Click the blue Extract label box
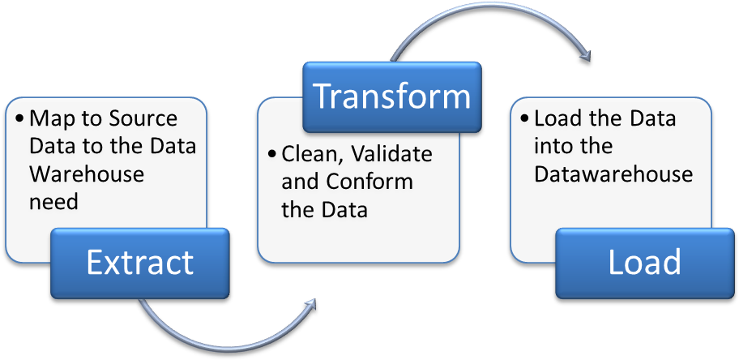click(139, 263)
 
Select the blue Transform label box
click(391, 96)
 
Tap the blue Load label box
click(644, 263)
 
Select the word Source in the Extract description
click(143, 118)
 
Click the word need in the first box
click(53, 201)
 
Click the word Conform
click(369, 181)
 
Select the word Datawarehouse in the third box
click(613, 174)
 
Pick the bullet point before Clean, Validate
click(271, 154)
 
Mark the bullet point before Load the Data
click(524, 119)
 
